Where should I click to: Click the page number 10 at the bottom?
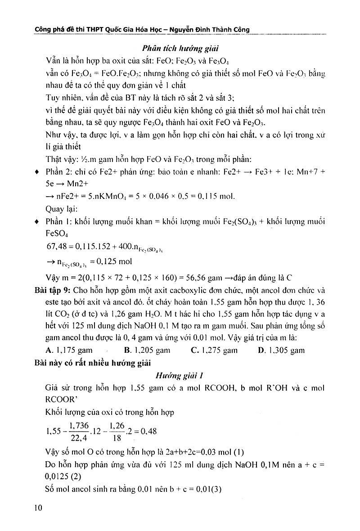point(37,508)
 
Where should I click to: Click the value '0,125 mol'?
point(113,261)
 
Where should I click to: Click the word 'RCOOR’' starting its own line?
point(61,399)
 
